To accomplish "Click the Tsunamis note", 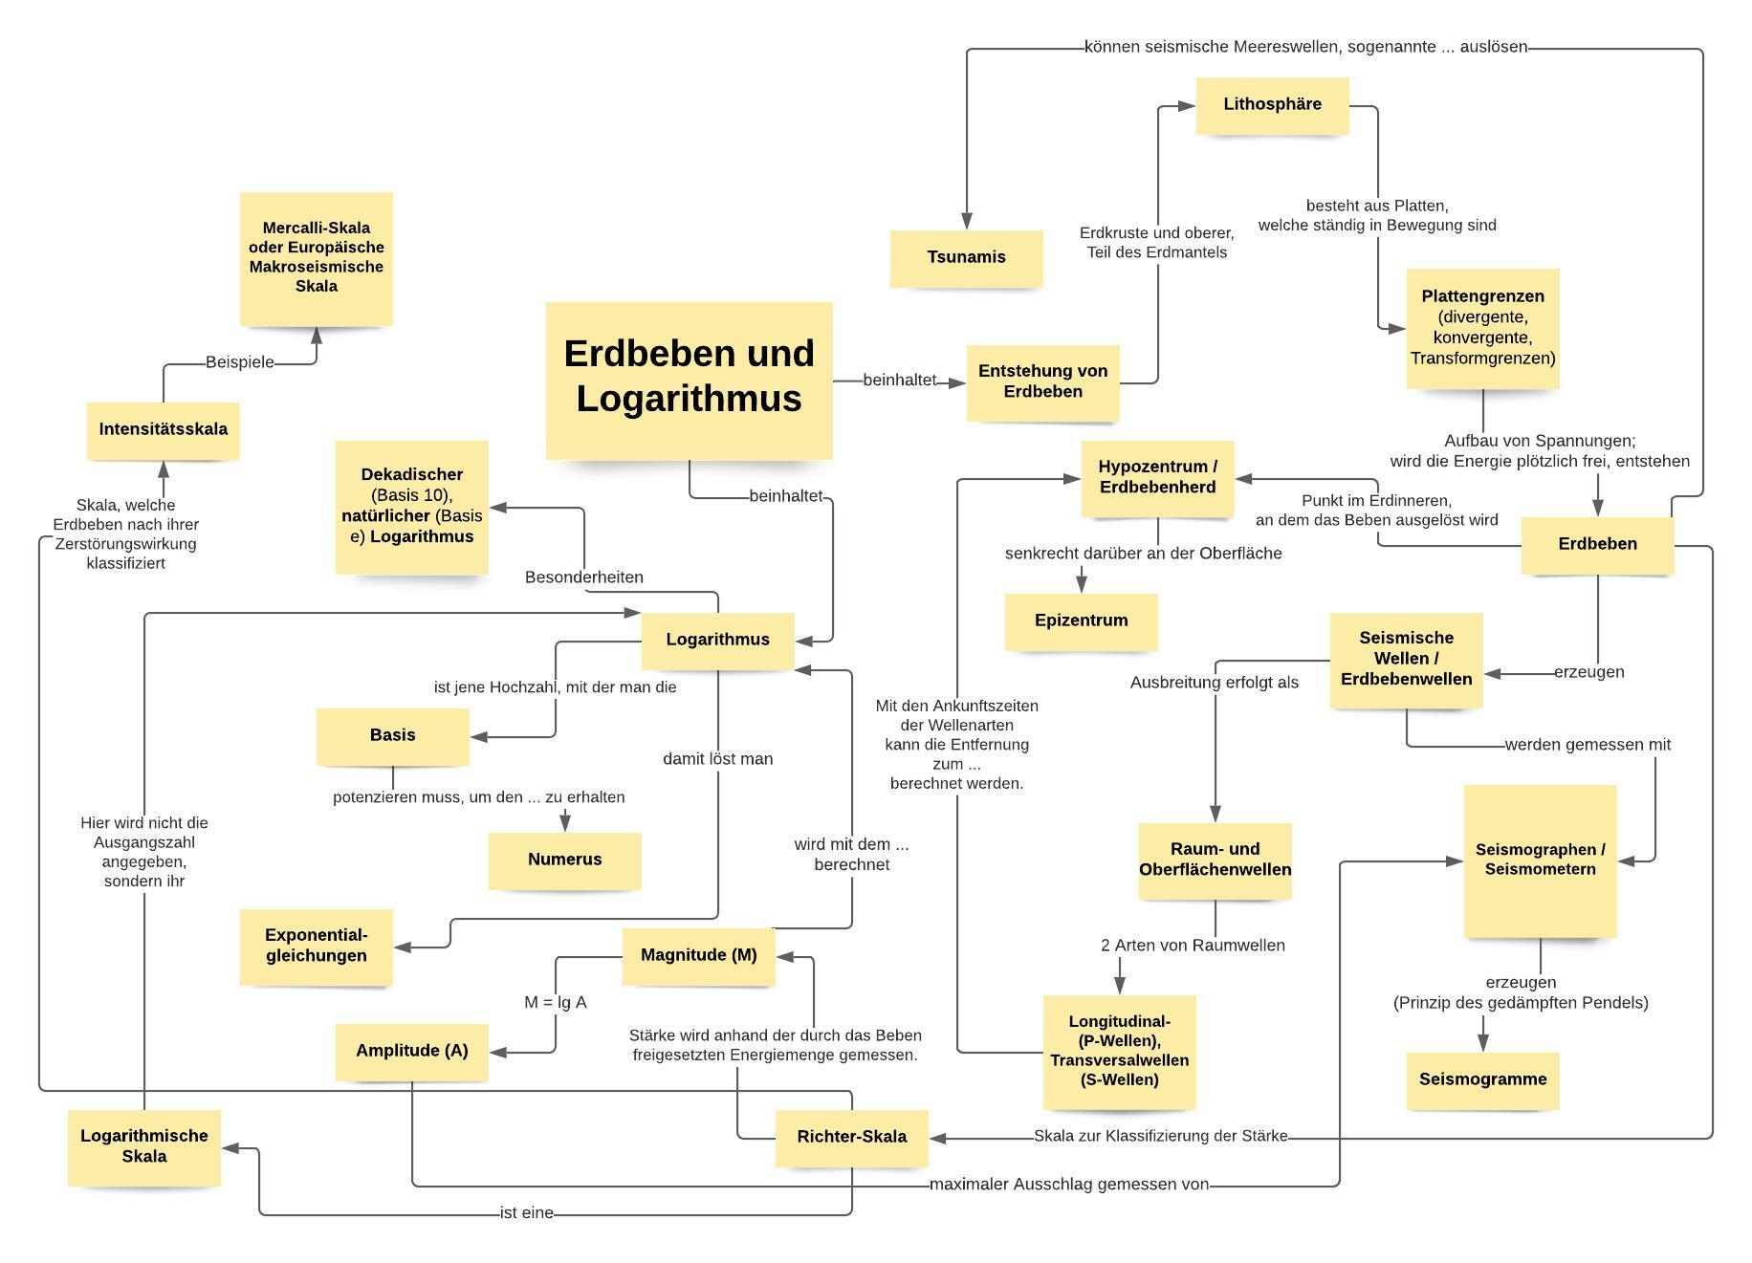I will (x=966, y=257).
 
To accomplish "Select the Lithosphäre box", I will (x=1272, y=104).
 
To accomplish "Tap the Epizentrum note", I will (x=1081, y=621).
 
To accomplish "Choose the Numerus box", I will (x=564, y=860).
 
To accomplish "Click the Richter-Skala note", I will (x=851, y=1137).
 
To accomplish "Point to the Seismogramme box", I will (x=1482, y=1079).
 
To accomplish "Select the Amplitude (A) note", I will (x=411, y=1051).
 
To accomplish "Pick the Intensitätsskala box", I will (x=163, y=429).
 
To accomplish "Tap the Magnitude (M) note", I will (x=698, y=955).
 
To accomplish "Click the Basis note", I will (x=392, y=735).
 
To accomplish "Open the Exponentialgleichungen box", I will (x=316, y=946).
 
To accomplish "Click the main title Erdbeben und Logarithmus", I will (x=689, y=377).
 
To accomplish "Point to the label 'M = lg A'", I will (x=555, y=1003).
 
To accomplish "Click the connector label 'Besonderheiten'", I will (x=583, y=577).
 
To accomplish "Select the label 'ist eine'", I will (x=526, y=1213).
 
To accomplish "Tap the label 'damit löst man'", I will (x=717, y=759).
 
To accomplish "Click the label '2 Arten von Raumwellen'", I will (x=1193, y=946).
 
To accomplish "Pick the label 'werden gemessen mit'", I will (x=1588, y=745).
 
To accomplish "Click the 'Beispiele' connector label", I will (x=239, y=362).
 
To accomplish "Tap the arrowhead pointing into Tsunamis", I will (x=967, y=222).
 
